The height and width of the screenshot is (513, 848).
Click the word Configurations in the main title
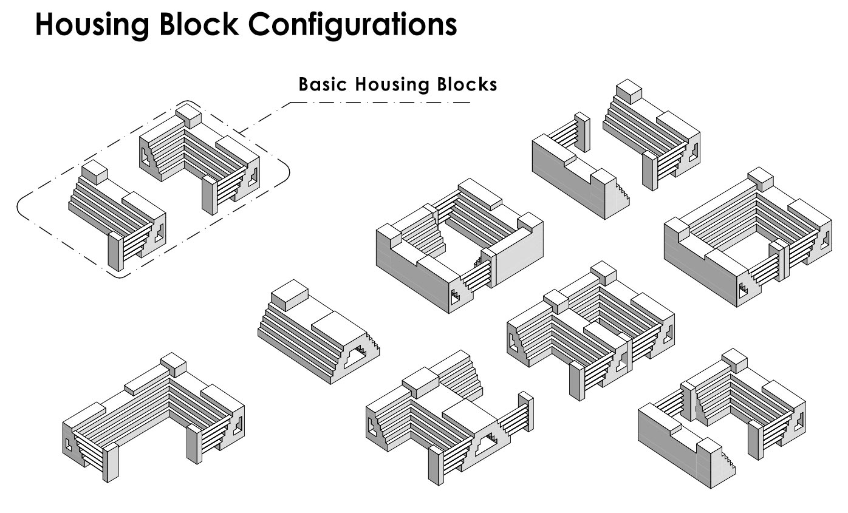point(352,25)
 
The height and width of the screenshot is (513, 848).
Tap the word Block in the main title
point(199,24)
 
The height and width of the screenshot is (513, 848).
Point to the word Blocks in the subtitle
point(467,84)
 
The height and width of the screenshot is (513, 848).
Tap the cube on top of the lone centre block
point(290,295)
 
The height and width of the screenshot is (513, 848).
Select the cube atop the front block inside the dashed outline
point(95,172)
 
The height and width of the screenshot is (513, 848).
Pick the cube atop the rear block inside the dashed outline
point(188,116)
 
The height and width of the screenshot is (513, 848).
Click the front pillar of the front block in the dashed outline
point(116,251)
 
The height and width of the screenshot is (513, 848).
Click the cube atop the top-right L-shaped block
point(629,92)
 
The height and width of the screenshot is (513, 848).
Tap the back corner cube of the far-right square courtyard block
point(760,179)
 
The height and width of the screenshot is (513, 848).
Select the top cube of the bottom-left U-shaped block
point(173,364)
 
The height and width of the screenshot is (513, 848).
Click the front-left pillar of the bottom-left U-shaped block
point(111,462)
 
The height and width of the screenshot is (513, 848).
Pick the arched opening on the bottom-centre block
point(487,443)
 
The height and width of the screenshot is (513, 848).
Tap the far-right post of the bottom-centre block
point(526,412)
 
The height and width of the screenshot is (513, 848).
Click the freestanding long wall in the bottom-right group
point(686,446)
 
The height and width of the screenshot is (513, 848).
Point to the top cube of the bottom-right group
point(734,361)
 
